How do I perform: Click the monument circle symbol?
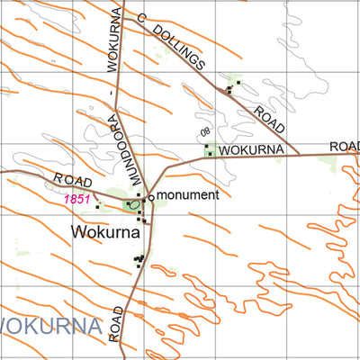[150, 195]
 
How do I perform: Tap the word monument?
[188, 195]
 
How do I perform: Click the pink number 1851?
[76, 200]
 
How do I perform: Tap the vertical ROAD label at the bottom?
[116, 323]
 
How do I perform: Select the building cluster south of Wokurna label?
[139, 261]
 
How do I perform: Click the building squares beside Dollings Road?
[234, 86]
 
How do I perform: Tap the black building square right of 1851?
[97, 207]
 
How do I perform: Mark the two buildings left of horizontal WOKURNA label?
[208, 149]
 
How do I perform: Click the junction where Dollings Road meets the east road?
[297, 154]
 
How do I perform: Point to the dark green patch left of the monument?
[130, 206]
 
